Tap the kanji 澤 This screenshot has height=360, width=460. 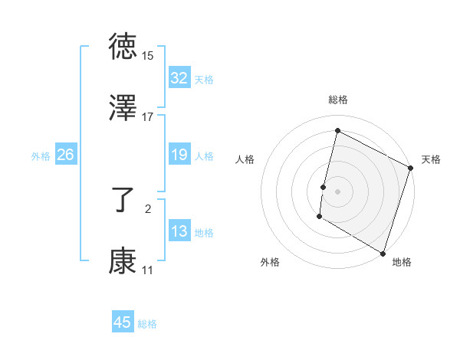point(123,106)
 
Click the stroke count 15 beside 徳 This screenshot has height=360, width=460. point(148,56)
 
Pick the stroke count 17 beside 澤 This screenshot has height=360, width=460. point(148,116)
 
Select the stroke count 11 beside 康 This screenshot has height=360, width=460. point(148,270)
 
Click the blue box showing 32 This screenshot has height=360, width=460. point(179,77)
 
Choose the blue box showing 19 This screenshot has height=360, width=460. point(179,155)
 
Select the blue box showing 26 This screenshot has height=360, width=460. point(65,155)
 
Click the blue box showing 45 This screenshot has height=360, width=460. point(122,322)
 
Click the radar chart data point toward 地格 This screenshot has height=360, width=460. point(383,253)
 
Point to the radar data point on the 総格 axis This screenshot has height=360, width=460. point(337,131)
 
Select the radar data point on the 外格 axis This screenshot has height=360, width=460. point(319,218)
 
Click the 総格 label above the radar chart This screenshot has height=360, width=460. point(337,100)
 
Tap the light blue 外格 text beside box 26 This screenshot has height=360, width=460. point(41,155)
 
